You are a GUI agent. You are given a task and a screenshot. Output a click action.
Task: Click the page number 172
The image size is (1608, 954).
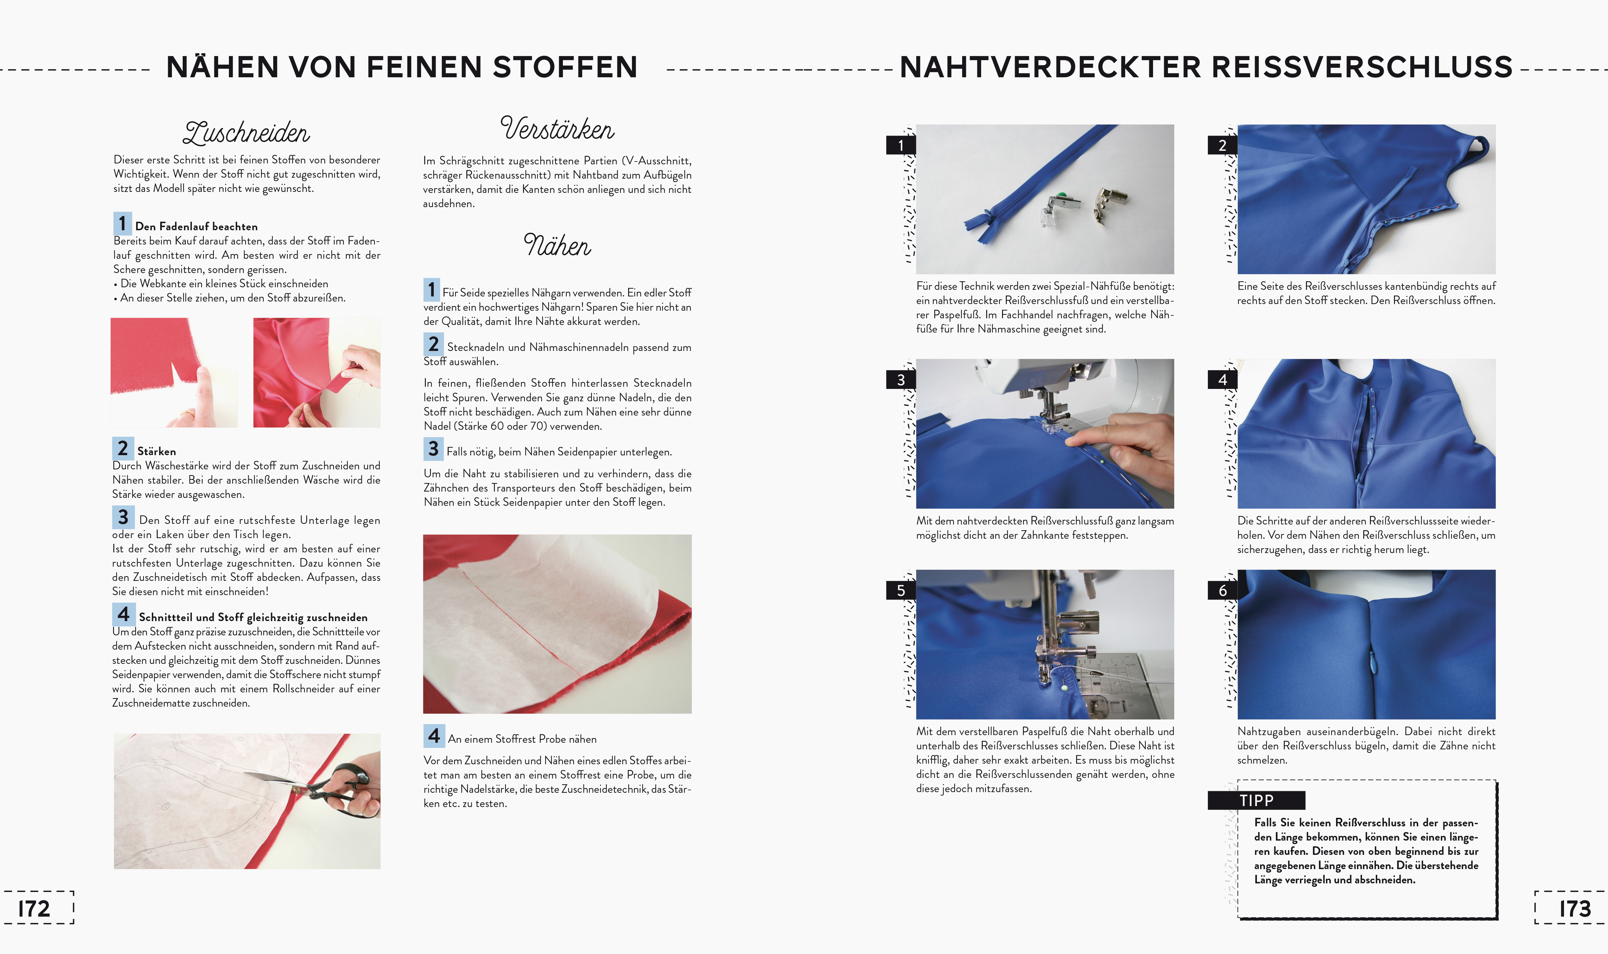pos(34,908)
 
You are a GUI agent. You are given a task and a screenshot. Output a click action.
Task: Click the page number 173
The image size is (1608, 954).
pos(1575,908)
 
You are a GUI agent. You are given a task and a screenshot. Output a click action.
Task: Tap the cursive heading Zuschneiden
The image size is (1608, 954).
pos(247,132)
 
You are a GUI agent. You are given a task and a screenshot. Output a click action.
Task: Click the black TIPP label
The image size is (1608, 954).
pos(1257,800)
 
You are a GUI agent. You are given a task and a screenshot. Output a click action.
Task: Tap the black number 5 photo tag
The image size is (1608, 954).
pos(901,590)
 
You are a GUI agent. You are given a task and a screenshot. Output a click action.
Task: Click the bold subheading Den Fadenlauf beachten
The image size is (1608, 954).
pos(197,226)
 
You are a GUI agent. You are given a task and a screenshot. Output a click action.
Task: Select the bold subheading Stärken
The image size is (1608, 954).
pos(157,451)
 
